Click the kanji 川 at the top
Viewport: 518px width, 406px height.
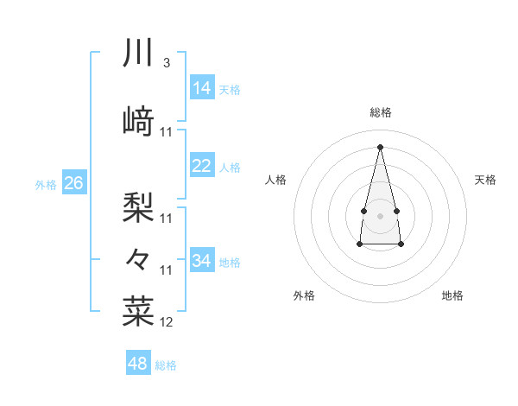(x=139, y=53)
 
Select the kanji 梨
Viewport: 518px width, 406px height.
(x=138, y=206)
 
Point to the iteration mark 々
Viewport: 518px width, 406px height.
(x=138, y=257)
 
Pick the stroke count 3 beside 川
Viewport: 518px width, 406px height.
(x=166, y=63)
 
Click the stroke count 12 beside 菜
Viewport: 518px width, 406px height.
(x=167, y=322)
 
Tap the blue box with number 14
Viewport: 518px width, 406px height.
(x=202, y=88)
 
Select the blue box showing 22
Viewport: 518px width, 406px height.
(x=202, y=166)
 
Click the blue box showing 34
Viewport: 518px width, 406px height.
(x=202, y=261)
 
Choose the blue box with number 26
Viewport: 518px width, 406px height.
(x=73, y=183)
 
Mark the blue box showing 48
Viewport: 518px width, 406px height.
(x=138, y=364)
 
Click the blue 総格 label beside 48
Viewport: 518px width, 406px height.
(x=166, y=365)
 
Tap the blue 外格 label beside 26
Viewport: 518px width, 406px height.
(x=46, y=184)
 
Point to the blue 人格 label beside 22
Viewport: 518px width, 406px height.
(x=230, y=168)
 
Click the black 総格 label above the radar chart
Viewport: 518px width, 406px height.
(x=380, y=112)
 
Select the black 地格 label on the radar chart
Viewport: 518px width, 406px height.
(x=452, y=295)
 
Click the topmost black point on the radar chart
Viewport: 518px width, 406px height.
(x=380, y=146)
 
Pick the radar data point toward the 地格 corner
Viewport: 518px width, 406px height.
(x=401, y=244)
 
